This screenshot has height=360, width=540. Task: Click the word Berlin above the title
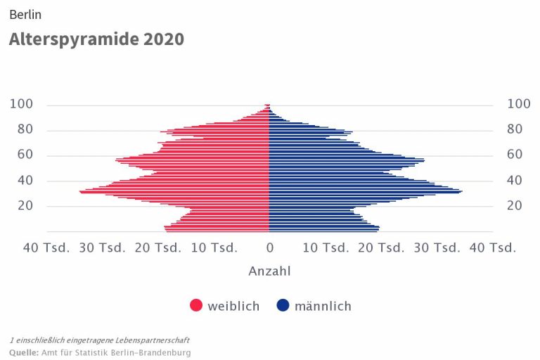(x=25, y=14)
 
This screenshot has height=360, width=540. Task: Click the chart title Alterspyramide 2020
(x=96, y=39)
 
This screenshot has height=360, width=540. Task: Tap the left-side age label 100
(x=21, y=104)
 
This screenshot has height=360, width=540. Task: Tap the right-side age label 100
(x=518, y=104)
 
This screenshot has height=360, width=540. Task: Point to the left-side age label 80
(x=25, y=129)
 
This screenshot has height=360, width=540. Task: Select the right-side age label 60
(x=514, y=155)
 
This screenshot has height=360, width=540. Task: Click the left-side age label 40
(x=25, y=180)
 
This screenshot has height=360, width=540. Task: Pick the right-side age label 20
(x=514, y=205)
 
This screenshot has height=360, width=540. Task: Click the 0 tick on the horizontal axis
(x=269, y=248)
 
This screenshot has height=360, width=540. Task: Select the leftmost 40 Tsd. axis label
(x=46, y=248)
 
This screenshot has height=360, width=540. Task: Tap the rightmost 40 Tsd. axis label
(x=492, y=248)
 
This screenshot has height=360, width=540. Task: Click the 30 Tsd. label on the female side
(x=102, y=248)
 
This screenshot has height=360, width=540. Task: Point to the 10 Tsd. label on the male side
(x=326, y=248)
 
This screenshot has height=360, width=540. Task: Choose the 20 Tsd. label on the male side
(x=381, y=248)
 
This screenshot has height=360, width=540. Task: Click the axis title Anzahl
(x=269, y=271)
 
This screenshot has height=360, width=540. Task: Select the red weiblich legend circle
(x=196, y=306)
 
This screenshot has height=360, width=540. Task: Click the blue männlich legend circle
(x=283, y=306)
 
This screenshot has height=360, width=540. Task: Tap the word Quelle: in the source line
(x=24, y=352)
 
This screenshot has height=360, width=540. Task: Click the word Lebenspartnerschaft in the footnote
(x=154, y=340)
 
